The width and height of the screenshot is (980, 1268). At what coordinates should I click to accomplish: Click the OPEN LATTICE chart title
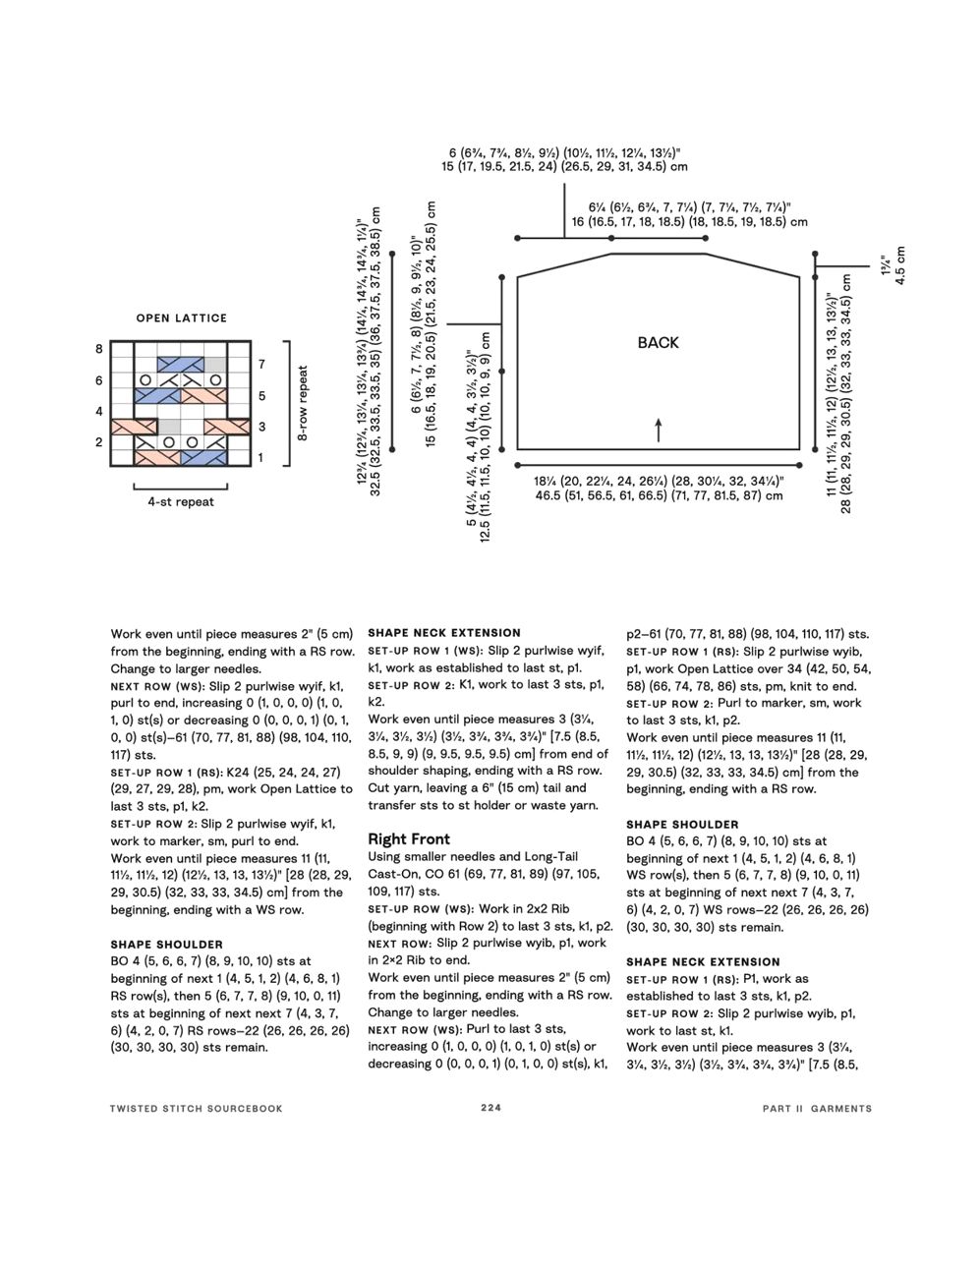click(181, 318)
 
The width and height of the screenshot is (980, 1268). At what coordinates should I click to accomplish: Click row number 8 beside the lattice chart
click(99, 349)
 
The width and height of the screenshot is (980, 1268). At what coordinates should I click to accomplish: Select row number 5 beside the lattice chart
click(261, 396)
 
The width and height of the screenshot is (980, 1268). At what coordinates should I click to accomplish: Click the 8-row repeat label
click(303, 403)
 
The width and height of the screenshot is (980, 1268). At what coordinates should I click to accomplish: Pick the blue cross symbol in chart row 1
click(204, 458)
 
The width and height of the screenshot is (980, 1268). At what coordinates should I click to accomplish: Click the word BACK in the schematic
click(658, 343)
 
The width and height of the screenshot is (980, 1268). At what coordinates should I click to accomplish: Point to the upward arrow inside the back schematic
click(658, 429)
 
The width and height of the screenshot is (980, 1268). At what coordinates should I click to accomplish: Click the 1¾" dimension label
click(885, 265)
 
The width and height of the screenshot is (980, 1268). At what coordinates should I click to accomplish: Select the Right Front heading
click(409, 838)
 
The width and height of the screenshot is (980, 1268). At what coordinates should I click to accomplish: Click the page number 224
click(490, 1108)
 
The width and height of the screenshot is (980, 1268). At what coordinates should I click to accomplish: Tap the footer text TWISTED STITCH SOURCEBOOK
click(197, 1108)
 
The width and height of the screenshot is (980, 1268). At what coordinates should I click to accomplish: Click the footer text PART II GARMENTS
click(816, 1108)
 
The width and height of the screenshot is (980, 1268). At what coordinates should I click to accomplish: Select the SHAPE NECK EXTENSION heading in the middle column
click(444, 633)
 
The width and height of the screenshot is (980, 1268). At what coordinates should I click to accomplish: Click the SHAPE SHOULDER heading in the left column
click(166, 945)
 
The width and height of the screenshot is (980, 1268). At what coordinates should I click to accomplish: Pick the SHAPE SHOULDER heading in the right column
click(682, 825)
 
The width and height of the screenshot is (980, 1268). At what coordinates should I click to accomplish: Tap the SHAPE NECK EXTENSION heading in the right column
click(703, 962)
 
